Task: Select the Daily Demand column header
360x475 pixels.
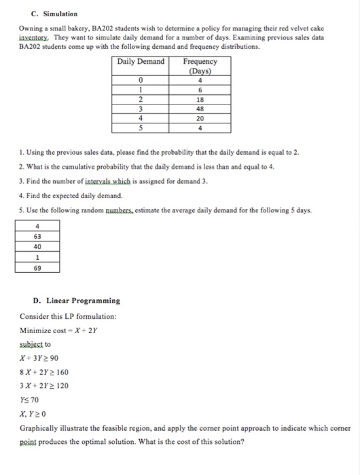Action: pyautogui.click(x=141, y=62)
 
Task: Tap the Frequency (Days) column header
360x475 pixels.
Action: pyautogui.click(x=200, y=66)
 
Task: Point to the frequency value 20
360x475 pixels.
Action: pyautogui.click(x=200, y=117)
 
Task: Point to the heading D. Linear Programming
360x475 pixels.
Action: pyautogui.click(x=76, y=300)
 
